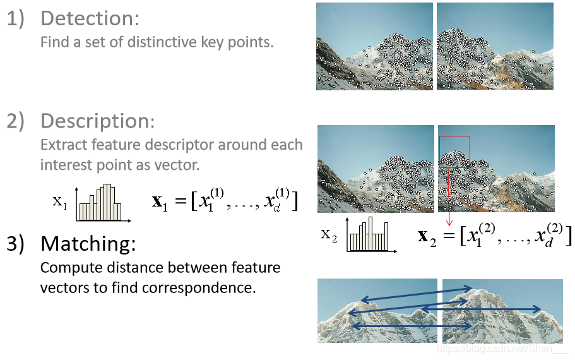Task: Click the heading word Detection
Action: [x=90, y=18]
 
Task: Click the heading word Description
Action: [x=97, y=121]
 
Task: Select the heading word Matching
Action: [x=88, y=243]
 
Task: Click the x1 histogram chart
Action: [x=102, y=203]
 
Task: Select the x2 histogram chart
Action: [x=372, y=235]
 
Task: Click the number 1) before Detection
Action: [x=16, y=19]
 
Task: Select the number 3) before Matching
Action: [x=16, y=244]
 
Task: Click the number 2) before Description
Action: [x=16, y=121]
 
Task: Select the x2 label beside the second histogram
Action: [x=329, y=235]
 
